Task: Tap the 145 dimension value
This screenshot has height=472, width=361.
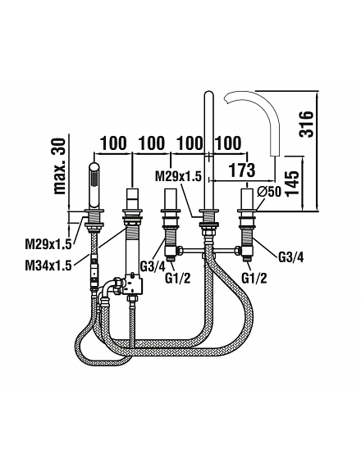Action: (292, 184)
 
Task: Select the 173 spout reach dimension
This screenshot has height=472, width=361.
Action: (242, 170)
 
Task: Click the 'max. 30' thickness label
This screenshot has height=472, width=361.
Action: (58, 166)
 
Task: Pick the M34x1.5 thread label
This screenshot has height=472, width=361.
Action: (48, 265)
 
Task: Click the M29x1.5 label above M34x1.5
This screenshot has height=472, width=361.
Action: (48, 245)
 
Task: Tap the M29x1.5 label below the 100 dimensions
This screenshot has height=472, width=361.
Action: (178, 176)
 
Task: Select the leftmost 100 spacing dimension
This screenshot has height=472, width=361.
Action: (113, 143)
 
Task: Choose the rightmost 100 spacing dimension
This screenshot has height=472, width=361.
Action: (228, 143)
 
